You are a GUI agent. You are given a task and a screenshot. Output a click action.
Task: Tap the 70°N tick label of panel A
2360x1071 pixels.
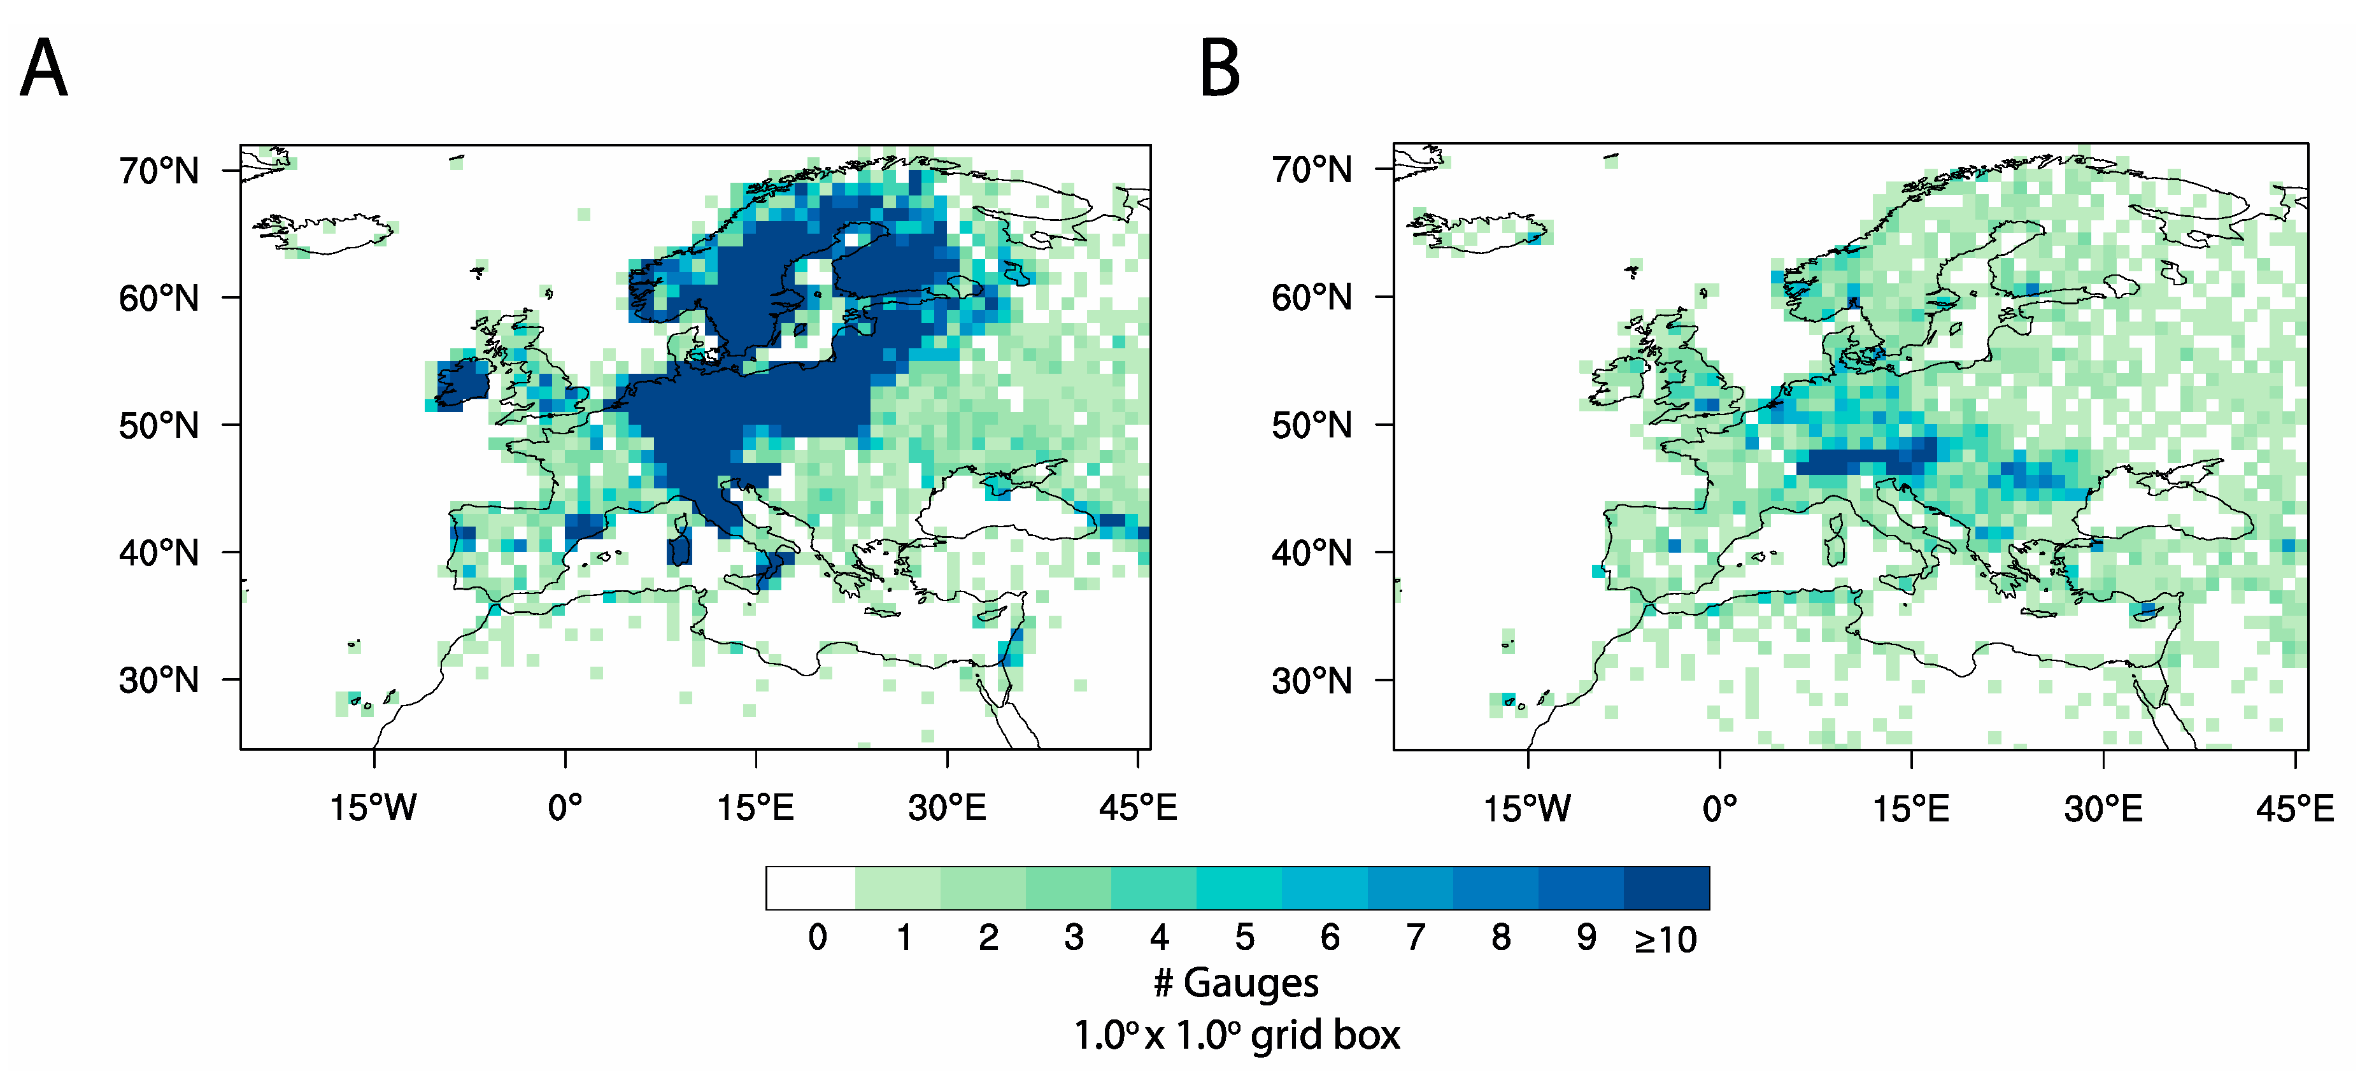tap(159, 171)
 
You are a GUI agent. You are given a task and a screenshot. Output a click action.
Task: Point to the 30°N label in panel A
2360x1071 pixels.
tap(159, 681)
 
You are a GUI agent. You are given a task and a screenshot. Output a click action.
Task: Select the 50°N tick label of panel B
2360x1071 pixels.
tap(1311, 426)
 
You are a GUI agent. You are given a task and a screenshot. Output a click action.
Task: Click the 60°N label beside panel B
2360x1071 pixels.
tap(1311, 298)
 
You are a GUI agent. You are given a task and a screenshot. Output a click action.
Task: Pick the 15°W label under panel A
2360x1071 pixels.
tap(373, 808)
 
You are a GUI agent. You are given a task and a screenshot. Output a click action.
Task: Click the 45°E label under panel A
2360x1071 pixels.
tap(1138, 808)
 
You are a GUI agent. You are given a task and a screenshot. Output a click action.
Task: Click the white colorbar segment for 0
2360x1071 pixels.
tap(811, 888)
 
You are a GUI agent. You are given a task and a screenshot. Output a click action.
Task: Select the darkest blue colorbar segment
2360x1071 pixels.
tap(1667, 888)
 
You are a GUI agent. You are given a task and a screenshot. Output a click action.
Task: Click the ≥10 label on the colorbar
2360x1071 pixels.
tap(1665, 940)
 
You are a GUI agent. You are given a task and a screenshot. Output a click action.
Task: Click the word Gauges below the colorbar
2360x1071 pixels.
tap(1251, 983)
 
